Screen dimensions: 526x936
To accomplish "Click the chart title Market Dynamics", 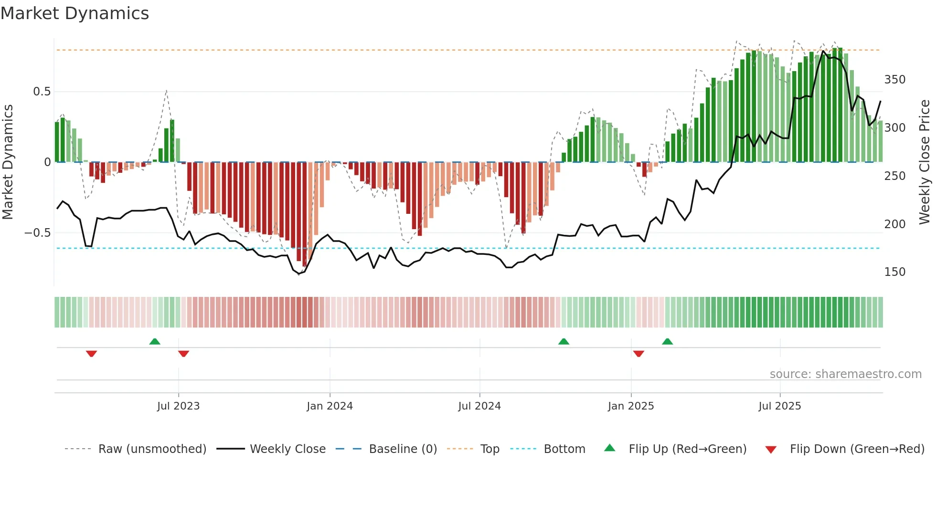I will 74,13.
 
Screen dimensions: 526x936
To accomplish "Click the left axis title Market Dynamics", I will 8,162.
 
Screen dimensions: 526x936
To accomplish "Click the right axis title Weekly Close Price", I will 925,162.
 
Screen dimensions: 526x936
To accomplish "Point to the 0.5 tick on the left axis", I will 42,92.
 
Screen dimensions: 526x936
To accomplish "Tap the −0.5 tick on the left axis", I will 38,233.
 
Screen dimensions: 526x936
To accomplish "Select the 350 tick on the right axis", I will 894,80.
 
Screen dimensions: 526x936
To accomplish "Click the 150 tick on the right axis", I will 894,272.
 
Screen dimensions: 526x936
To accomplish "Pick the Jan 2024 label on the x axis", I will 330,406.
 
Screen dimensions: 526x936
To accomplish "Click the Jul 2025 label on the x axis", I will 779,406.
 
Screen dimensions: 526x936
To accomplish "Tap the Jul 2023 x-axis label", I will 178,406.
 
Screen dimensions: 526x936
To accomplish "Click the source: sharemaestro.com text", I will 845,374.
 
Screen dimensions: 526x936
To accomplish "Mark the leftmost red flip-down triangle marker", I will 92,354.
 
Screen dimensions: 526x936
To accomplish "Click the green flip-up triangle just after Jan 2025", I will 667,341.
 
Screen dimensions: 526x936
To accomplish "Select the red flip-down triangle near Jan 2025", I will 638,354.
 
